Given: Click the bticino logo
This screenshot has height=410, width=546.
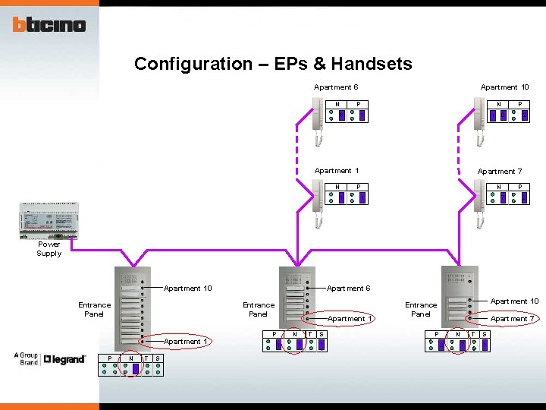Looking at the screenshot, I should pyautogui.click(x=49, y=25).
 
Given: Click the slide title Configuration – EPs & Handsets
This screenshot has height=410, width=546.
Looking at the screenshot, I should pyautogui.click(x=273, y=64).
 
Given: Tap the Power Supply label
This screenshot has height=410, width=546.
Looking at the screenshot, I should pyautogui.click(x=49, y=249).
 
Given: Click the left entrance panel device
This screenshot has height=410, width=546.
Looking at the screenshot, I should pyautogui.click(x=132, y=307).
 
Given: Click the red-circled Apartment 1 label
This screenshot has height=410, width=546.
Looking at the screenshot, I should pyautogui.click(x=348, y=319).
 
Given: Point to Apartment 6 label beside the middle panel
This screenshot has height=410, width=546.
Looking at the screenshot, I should pyautogui.click(x=348, y=289).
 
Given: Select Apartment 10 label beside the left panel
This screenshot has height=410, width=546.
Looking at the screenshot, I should pyautogui.click(x=187, y=289).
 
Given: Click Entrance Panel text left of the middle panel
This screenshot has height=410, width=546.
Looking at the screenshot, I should pyautogui.click(x=259, y=309).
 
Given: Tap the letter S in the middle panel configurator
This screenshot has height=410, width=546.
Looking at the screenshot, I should pyautogui.click(x=322, y=334).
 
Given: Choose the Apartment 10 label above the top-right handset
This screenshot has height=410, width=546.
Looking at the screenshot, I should pyautogui.click(x=504, y=87).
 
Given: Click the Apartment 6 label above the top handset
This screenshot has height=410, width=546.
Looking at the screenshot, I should pyautogui.click(x=336, y=87).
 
